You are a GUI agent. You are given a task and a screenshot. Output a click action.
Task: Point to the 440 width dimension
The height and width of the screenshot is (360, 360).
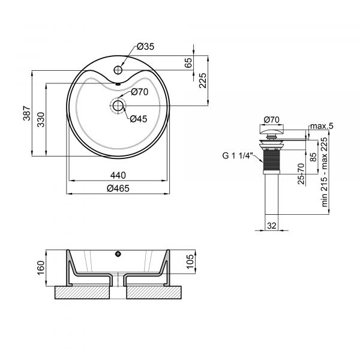point(117,175)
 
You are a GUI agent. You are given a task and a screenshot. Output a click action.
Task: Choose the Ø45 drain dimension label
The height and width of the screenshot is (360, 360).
point(139,119)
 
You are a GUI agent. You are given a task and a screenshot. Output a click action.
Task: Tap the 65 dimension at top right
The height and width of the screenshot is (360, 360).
point(188,62)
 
